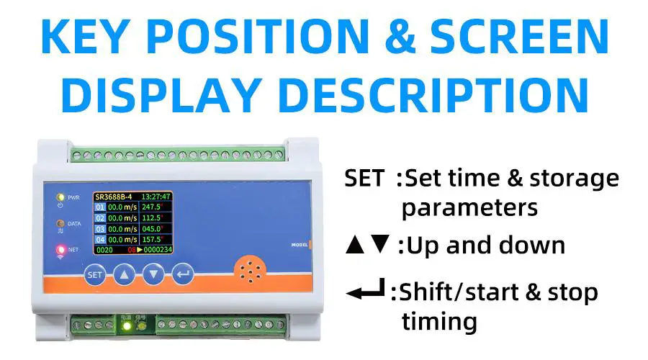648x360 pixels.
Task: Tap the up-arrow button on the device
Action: [x=125, y=274]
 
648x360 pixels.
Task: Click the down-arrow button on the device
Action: [x=153, y=274]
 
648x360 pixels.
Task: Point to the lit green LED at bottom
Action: [x=127, y=325]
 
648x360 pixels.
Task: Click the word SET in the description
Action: [x=364, y=178]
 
